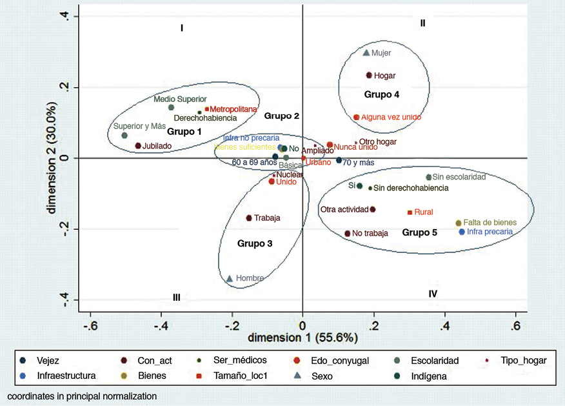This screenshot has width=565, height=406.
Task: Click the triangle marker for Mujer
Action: tap(366, 53)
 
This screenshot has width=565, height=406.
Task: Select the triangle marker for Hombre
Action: tap(230, 279)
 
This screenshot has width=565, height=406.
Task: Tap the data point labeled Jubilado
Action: tap(138, 146)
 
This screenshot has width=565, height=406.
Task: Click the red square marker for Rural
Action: tap(410, 212)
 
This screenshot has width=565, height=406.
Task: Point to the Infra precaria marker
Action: tap(462, 232)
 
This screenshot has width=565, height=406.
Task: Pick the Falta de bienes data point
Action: tap(459, 223)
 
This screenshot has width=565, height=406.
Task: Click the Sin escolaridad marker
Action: tap(429, 178)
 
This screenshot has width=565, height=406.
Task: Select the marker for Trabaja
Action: tap(249, 218)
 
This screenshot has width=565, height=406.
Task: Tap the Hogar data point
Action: tap(369, 76)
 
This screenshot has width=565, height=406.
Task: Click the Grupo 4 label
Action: tap(382, 95)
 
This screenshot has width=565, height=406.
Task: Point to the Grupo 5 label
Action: tap(420, 232)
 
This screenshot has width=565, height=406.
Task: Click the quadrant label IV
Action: tap(433, 294)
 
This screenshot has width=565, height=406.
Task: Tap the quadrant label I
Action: tap(183, 28)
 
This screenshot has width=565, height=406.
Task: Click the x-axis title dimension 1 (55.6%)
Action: tap(304, 338)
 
